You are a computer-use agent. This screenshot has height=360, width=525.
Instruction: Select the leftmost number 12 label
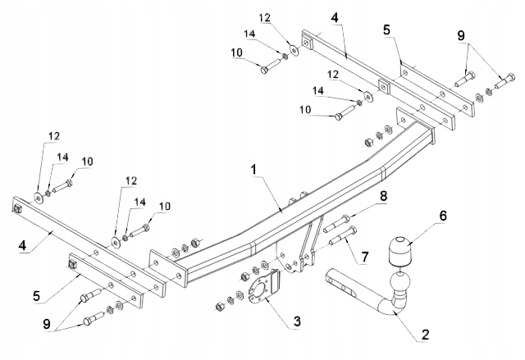click(53, 134)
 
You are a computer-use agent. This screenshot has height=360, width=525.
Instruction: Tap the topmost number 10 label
click(236, 52)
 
